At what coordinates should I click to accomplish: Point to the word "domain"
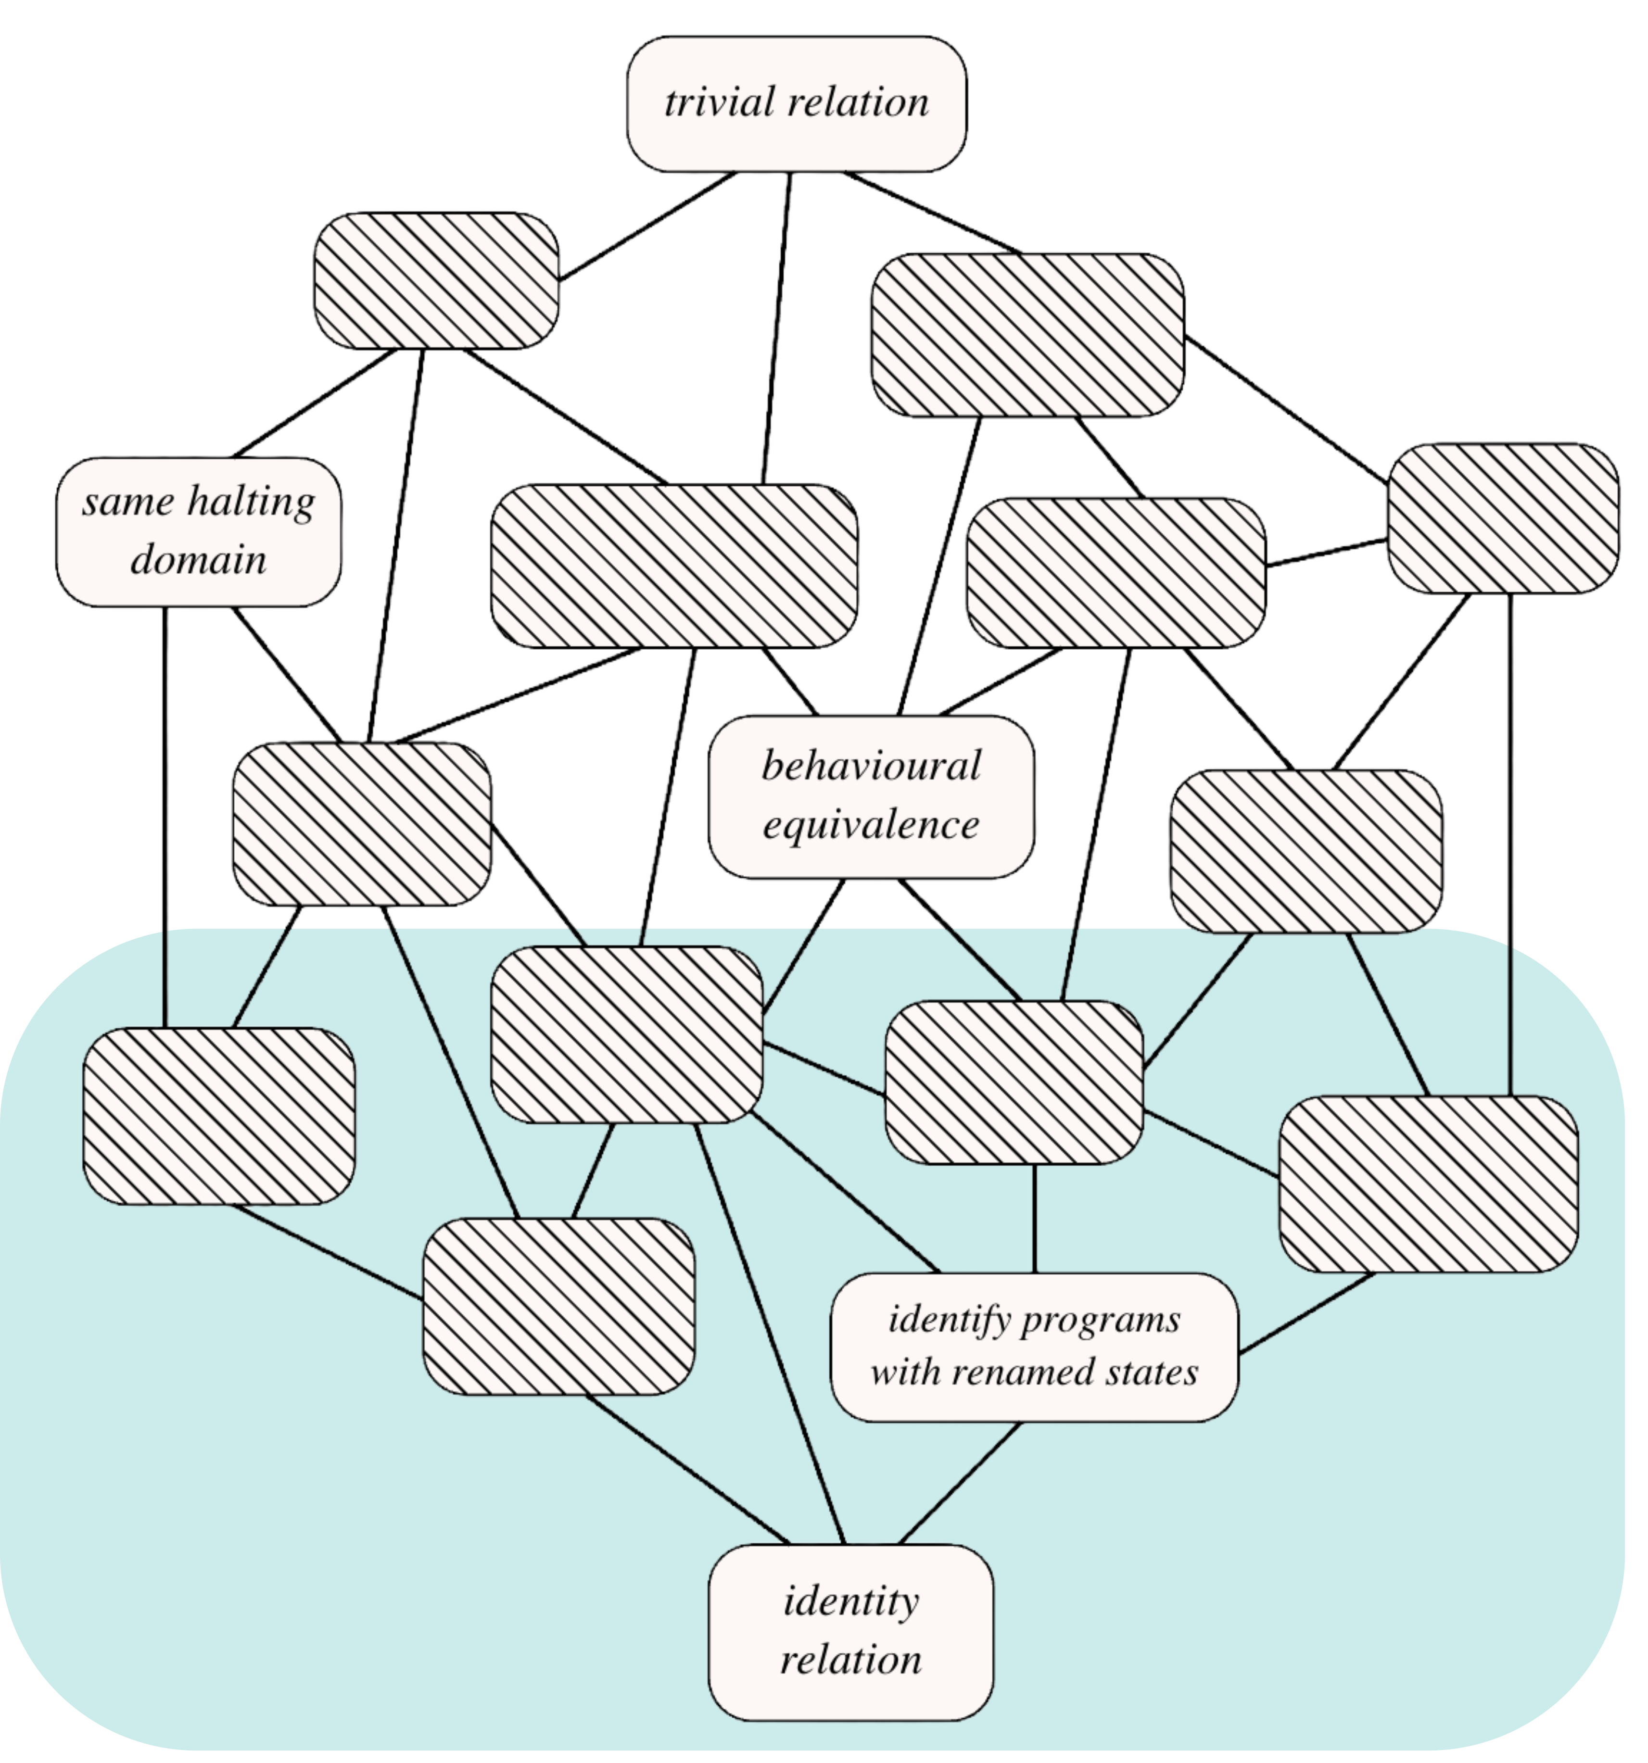[x=199, y=560]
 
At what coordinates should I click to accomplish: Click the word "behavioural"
[x=871, y=766]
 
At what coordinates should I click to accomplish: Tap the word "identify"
[x=950, y=1321]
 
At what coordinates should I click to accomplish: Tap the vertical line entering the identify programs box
[x=1035, y=1219]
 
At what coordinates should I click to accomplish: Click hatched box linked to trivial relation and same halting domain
[x=436, y=280]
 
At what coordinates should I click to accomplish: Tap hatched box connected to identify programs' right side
[x=1428, y=1184]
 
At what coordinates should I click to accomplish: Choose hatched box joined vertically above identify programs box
[x=1014, y=1082]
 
